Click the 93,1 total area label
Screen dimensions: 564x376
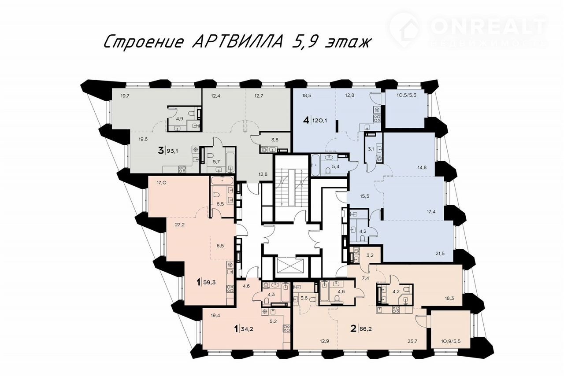pos(173,151)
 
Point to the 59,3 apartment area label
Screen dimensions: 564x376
pos(209,282)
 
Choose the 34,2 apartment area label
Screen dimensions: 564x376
pos(247,328)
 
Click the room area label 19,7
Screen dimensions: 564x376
pos(125,96)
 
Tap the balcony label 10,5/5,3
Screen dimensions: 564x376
pos(406,96)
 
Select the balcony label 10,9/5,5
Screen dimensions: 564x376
pos(451,341)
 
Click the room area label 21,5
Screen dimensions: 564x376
pos(440,254)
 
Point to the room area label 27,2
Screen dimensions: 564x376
pos(180,225)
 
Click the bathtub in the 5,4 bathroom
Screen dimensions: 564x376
pos(316,165)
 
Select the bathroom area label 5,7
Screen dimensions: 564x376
pos(216,162)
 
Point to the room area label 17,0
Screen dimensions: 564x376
pos(161,183)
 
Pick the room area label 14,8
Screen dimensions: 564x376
pos(422,167)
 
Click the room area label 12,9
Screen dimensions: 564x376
pos(325,341)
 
